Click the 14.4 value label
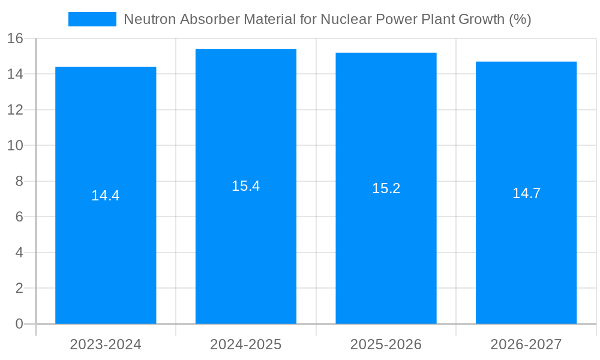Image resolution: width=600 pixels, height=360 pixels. pos(106,196)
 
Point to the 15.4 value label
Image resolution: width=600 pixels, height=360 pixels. pos(246,186)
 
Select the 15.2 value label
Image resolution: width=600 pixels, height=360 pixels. pos(386,188)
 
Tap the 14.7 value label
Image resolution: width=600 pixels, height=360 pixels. pos(526,193)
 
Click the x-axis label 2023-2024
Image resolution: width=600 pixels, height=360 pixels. pos(106,344)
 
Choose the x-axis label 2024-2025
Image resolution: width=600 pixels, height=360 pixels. pos(246,344)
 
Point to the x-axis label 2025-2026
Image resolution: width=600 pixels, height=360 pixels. pos(386,344)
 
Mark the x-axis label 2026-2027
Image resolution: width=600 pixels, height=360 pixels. pos(526,344)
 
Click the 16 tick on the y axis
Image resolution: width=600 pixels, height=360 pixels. pos(15,39)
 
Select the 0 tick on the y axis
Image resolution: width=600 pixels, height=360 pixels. pos(19,324)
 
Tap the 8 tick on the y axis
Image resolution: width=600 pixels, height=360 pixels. pos(19,181)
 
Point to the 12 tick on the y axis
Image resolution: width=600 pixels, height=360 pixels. pos(15,110)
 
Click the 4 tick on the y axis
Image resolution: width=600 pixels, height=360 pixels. pos(19,253)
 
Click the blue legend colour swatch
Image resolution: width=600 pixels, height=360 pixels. pos(92,19)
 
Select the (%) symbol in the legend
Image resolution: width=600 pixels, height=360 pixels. pos(520,19)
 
